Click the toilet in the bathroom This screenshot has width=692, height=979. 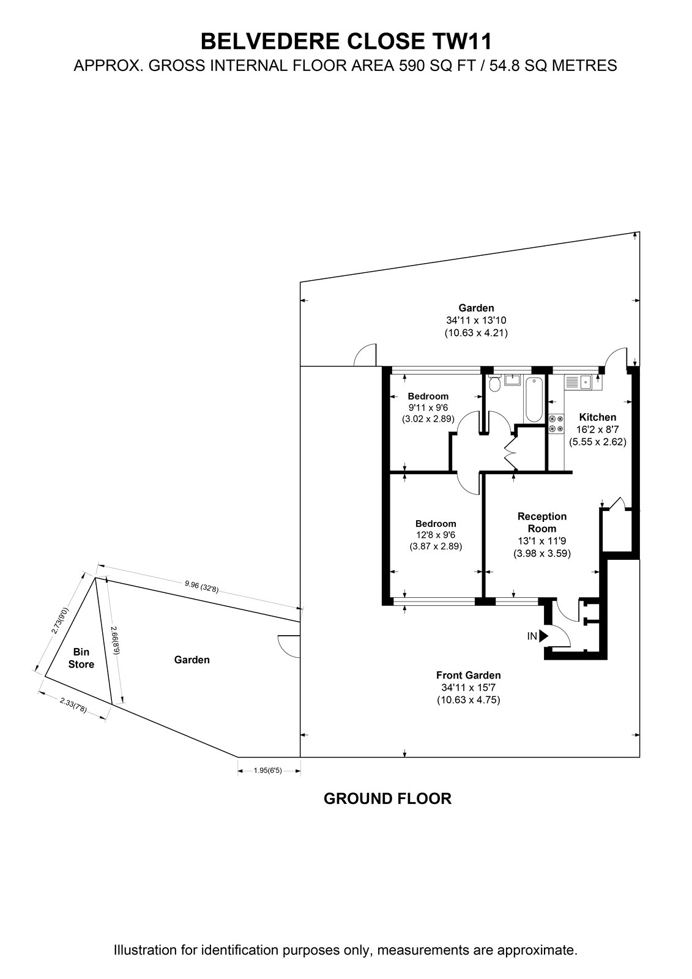(x=494, y=383)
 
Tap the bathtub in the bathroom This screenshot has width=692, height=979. (x=534, y=398)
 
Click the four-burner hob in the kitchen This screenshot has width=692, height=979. (x=556, y=423)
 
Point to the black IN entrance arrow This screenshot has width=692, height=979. (x=543, y=636)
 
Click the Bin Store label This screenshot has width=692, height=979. (x=81, y=658)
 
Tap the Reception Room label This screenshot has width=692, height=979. (x=542, y=523)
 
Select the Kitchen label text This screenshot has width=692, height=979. (x=598, y=417)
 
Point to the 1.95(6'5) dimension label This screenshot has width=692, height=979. (x=268, y=770)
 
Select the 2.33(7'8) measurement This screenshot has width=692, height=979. (x=73, y=706)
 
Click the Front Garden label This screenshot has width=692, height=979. (x=468, y=676)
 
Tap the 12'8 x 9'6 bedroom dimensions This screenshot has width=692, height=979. (x=436, y=535)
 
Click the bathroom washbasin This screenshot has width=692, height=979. (x=512, y=380)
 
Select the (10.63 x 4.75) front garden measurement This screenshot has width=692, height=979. (x=468, y=700)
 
